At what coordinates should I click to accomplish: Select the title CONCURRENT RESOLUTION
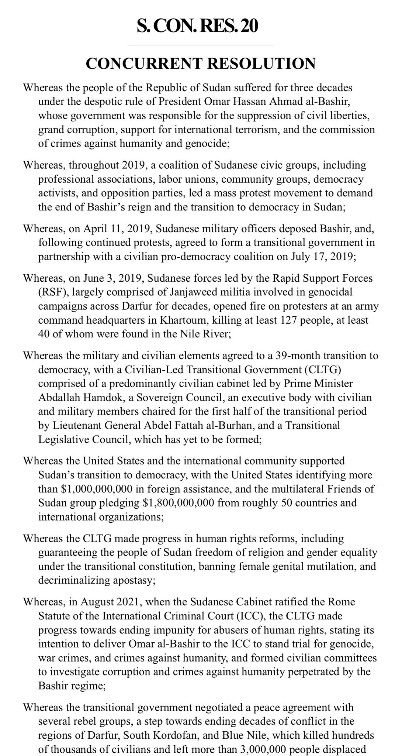click(x=201, y=63)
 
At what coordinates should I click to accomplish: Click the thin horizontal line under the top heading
click(x=201, y=45)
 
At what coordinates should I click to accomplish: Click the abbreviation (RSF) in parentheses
click(x=52, y=292)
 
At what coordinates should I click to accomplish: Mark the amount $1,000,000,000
click(x=100, y=489)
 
